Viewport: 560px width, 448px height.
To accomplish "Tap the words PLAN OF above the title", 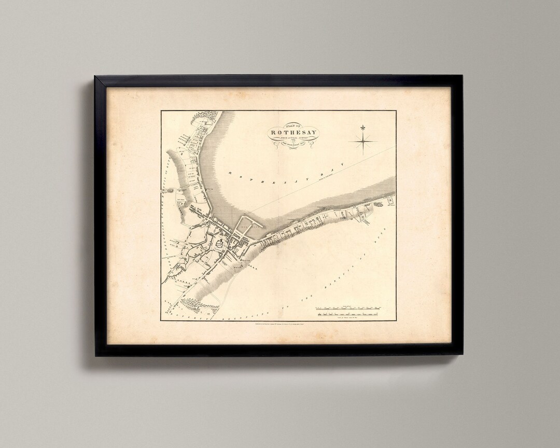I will [293, 125].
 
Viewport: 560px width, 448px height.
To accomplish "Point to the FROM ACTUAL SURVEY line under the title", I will [293, 138].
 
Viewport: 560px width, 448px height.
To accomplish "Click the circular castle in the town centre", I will [220, 242].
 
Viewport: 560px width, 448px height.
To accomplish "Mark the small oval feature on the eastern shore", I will [379, 205].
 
